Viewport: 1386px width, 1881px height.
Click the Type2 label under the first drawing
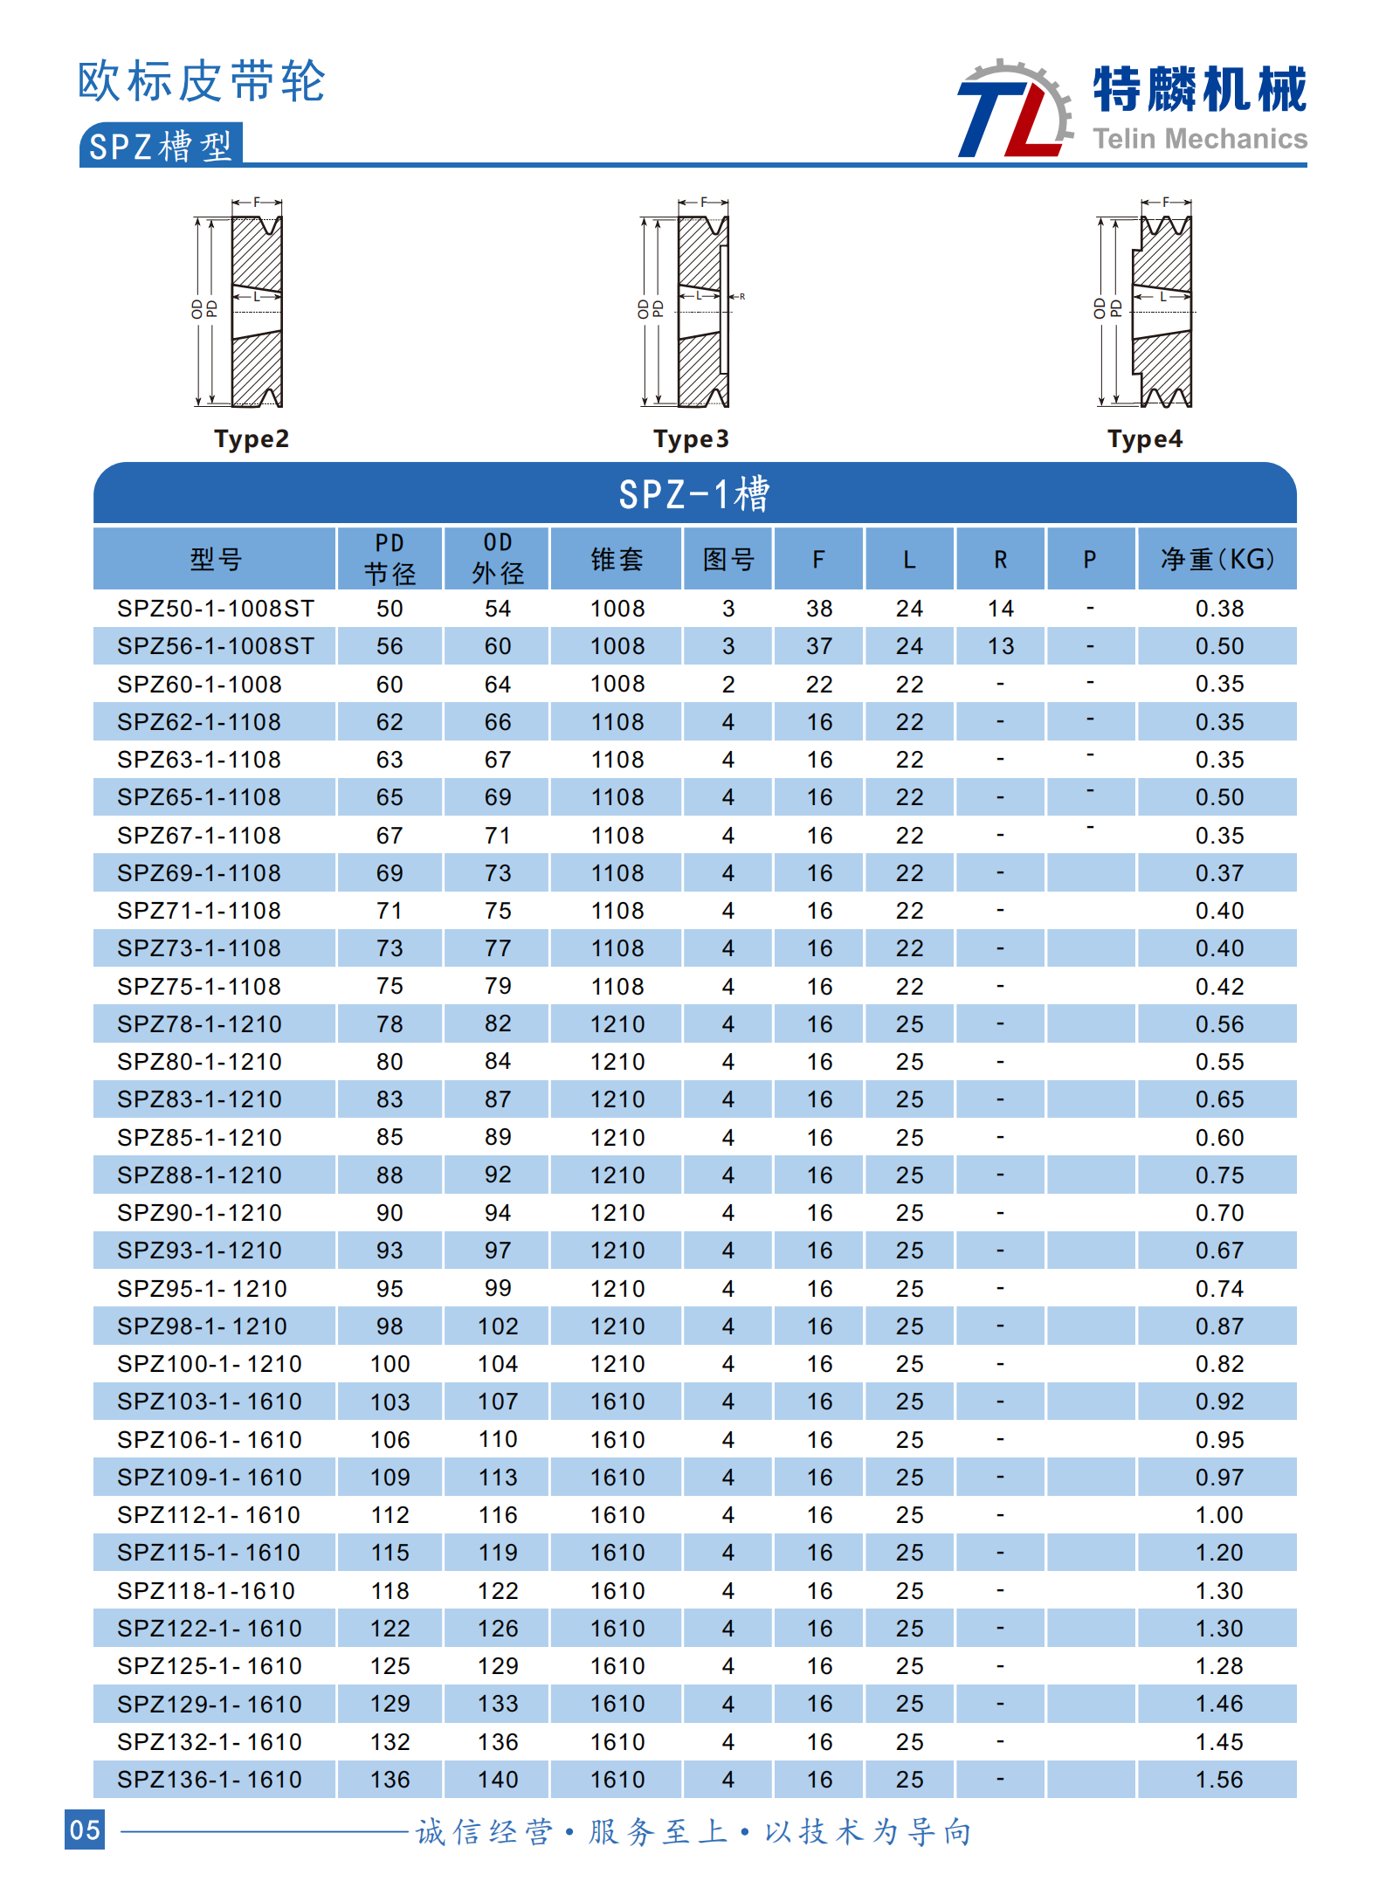coord(252,438)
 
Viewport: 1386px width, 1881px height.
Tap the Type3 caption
coord(691,438)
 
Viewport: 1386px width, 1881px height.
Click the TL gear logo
coord(1015,110)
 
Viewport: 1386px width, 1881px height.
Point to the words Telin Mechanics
coord(1200,139)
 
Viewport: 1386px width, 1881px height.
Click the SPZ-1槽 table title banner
coord(694,493)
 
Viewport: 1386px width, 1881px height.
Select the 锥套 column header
coord(617,559)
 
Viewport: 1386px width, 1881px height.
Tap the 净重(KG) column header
coord(1217,559)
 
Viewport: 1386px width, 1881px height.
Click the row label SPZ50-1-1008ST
coord(216,609)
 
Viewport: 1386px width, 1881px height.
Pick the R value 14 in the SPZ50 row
coord(1001,609)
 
